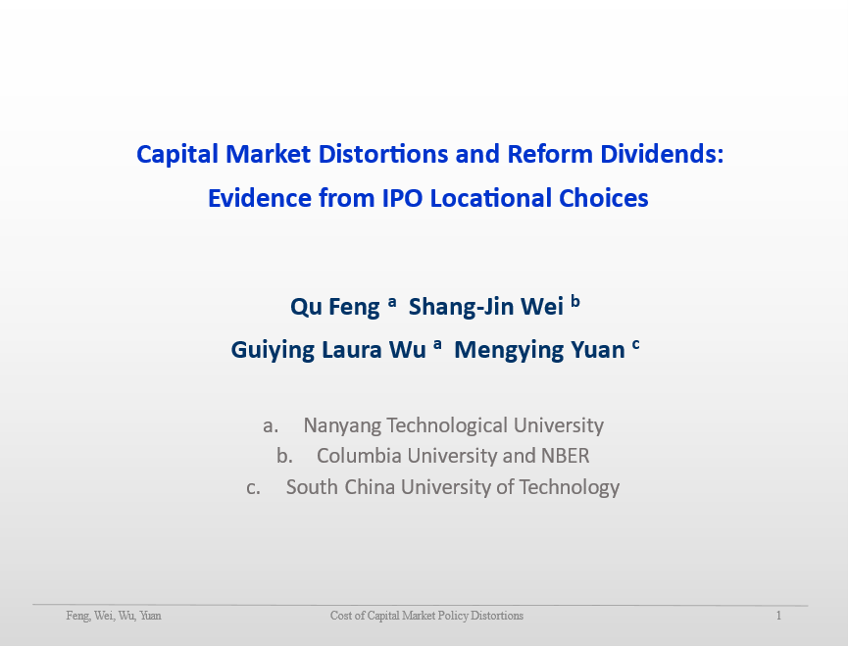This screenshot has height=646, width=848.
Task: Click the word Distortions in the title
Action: pos(383,154)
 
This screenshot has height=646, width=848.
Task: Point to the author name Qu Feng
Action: pos(334,307)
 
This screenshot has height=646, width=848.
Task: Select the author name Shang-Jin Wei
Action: pos(486,307)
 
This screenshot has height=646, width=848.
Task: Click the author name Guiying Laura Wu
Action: pos(328,350)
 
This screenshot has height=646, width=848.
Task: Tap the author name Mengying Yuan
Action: pos(539,350)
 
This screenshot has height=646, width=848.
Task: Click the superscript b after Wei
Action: pos(575,301)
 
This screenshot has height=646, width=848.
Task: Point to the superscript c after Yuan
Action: pos(636,345)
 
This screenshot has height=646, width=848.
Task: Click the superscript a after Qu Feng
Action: pos(392,302)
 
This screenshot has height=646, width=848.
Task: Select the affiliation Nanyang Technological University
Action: pos(453,426)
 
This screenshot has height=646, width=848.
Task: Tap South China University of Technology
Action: pos(453,487)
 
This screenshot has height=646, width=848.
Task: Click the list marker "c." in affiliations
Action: pos(253,488)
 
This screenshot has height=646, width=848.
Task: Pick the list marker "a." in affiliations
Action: pos(271,426)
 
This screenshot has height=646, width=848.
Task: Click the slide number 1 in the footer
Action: pos(778,616)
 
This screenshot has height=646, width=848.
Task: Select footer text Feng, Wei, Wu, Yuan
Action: pos(114,616)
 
